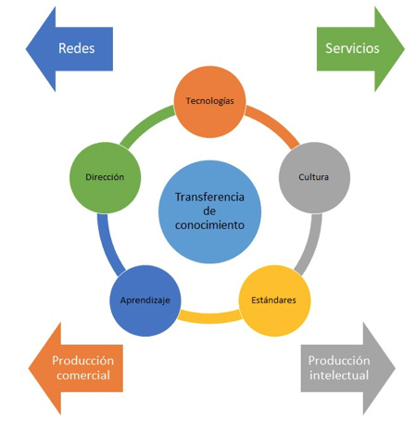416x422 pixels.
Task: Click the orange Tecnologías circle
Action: [209, 102]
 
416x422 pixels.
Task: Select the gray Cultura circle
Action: [314, 177]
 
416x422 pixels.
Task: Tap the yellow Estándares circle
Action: [274, 301]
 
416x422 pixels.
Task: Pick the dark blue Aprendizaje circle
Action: [145, 301]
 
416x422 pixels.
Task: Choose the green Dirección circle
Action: [105, 177]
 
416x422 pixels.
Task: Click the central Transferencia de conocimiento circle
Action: [209, 211]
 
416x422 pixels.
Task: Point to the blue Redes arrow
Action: [69, 49]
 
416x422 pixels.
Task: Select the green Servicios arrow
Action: [360, 49]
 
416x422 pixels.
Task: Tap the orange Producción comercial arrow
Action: [76, 368]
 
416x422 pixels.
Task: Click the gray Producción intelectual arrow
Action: [348, 368]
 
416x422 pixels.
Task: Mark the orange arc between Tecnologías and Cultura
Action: [276, 123]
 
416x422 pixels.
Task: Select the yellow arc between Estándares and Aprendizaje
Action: [210, 318]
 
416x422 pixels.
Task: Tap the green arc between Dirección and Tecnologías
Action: [145, 123]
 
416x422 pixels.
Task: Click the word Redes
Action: [77, 48]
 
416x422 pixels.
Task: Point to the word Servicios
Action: [352, 48]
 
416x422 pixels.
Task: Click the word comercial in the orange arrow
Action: [83, 376]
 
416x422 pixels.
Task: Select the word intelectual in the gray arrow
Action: [339, 376]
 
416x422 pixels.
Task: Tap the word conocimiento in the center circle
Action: [209, 225]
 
